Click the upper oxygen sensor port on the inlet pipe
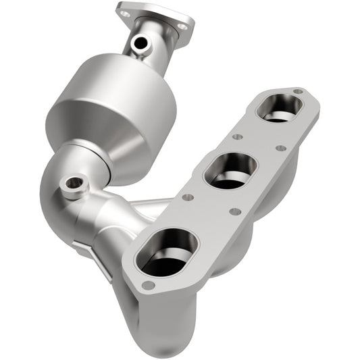point(140,44)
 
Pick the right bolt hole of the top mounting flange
point(180,26)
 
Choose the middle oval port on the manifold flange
point(230,170)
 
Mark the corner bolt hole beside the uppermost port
point(298,92)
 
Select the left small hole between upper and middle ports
point(237,136)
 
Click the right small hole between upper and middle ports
point(280,148)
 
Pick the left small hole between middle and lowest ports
point(188,197)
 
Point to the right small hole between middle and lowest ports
point(234,211)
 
